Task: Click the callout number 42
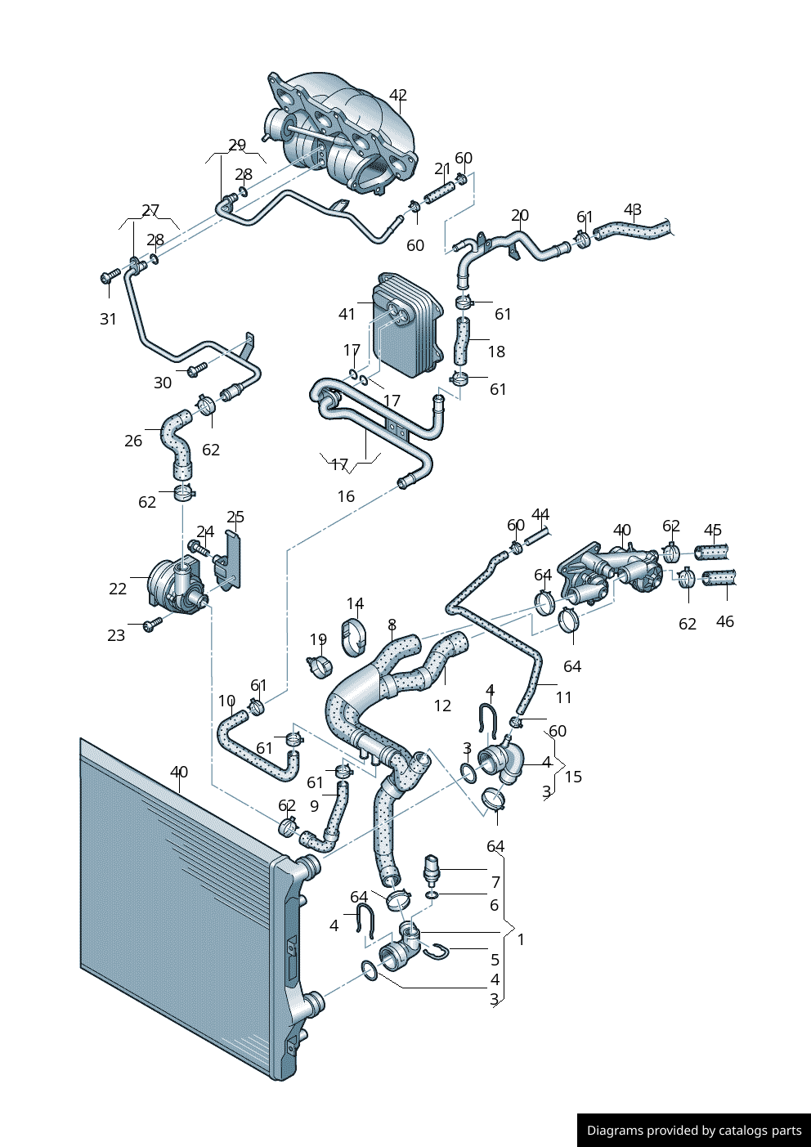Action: point(397,96)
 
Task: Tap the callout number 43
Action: point(633,210)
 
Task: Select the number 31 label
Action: point(109,320)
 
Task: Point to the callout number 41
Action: point(347,314)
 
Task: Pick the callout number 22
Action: point(118,589)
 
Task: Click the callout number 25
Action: point(235,517)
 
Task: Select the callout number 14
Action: point(355,603)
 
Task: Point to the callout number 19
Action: point(318,639)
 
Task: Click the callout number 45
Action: point(713,530)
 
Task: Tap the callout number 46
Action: point(724,621)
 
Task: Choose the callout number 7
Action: point(495,882)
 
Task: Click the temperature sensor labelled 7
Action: point(432,868)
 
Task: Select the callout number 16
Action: point(346,496)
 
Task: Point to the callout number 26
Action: point(133,441)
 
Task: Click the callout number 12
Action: point(442,706)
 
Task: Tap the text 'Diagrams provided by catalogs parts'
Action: point(694,1131)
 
